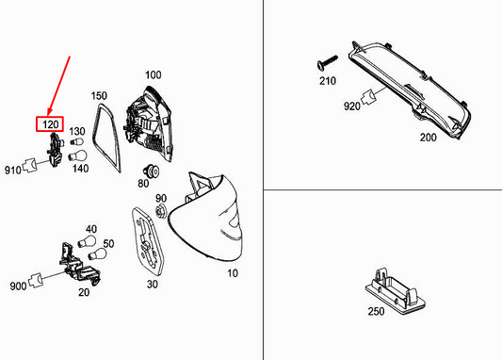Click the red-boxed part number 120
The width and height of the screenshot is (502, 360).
point(50,124)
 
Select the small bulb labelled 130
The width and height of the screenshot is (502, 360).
point(77,141)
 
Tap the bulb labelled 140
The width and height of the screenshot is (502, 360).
point(77,156)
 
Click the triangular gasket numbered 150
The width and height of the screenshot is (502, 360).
point(106,137)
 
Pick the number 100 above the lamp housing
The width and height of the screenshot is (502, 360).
point(153,75)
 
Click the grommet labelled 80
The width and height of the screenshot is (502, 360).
point(153,172)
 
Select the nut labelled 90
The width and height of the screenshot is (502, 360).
point(162,211)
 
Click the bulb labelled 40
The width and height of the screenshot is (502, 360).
point(87,241)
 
